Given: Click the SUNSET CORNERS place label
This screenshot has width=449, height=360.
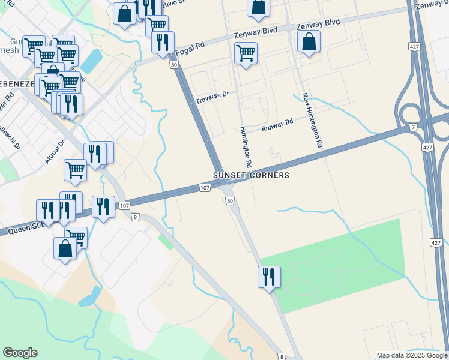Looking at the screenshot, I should [x=252, y=175].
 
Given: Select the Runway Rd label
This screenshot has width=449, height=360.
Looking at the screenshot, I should [x=277, y=125].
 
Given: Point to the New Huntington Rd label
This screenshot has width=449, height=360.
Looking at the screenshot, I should [x=313, y=120].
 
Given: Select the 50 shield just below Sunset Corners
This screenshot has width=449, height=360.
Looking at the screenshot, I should [x=230, y=201].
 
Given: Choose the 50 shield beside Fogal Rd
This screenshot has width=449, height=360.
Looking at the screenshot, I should [x=173, y=65].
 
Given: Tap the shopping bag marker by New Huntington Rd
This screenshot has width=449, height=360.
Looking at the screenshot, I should [x=309, y=41].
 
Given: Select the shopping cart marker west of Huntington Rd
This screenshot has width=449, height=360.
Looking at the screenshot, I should [x=246, y=53].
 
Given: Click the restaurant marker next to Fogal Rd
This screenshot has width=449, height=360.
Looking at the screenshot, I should [x=163, y=41].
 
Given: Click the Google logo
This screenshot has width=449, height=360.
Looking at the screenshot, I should [x=20, y=353].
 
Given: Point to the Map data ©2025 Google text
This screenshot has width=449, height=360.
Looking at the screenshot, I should [x=412, y=355].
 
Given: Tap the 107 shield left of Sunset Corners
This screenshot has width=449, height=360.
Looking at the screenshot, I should [x=204, y=188].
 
